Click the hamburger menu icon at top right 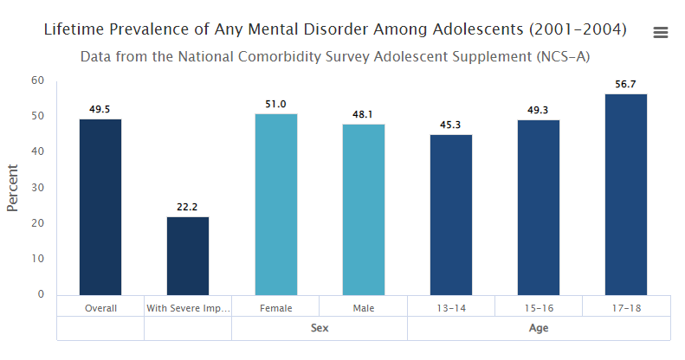[661, 32]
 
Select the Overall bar [100, 207]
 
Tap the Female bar [276, 204]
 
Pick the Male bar [364, 209]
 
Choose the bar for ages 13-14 [451, 215]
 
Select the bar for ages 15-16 [539, 208]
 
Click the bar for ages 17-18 [626, 194]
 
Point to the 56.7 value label [626, 84]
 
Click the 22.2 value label [188, 207]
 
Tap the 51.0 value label [276, 104]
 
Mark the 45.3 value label [451, 125]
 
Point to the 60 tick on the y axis [37, 80]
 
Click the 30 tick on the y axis [37, 188]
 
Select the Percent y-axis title [13, 187]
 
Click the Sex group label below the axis [320, 328]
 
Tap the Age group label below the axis [539, 328]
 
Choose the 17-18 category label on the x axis [626, 307]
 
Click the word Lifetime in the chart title [76, 29]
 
